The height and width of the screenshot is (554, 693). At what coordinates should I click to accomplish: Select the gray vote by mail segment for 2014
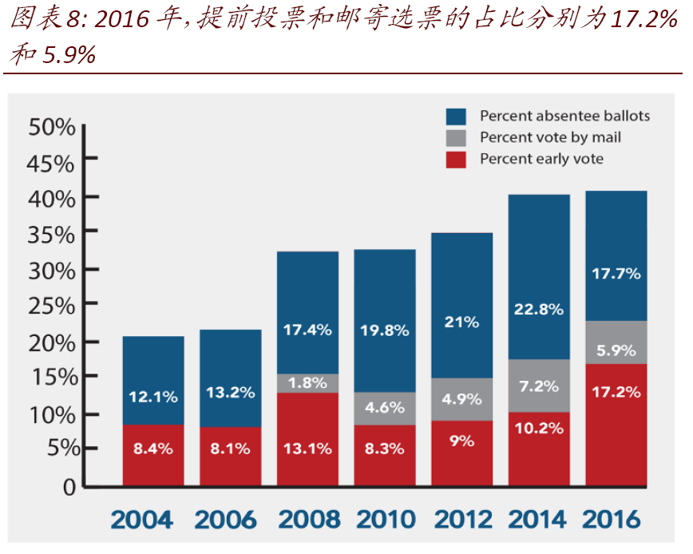coord(539,386)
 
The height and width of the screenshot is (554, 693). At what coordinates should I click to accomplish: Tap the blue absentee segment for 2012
coord(461,305)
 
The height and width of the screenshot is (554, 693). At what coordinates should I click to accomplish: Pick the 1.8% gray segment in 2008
coord(307,383)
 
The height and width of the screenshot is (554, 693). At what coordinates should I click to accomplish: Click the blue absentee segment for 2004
coord(153,380)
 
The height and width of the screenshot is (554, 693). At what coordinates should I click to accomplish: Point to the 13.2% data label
coord(230,392)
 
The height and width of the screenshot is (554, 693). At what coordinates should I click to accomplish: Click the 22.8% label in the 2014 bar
coord(539,308)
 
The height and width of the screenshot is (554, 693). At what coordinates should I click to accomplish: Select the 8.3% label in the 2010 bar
coord(385,448)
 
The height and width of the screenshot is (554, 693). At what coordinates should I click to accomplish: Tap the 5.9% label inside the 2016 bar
coord(616,350)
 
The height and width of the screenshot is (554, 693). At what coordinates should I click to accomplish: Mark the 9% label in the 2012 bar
coord(461,441)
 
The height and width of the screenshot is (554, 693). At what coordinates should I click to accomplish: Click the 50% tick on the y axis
coord(51,127)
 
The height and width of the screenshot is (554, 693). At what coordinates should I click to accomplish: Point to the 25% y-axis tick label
coord(51,306)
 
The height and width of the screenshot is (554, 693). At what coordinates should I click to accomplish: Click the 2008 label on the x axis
coord(307,520)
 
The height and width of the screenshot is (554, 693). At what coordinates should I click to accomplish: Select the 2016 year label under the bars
coord(613,520)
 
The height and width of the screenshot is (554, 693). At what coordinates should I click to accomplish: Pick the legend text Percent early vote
coord(541,159)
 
